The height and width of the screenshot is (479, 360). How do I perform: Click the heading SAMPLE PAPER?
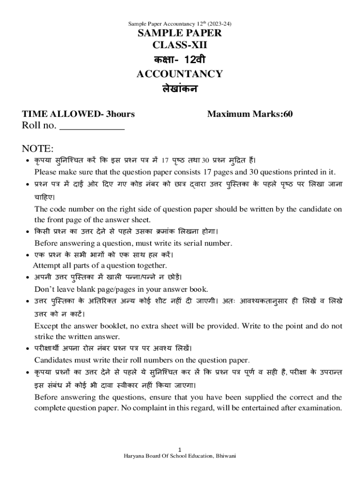[x=180, y=33]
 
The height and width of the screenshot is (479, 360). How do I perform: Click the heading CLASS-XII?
[x=180, y=45]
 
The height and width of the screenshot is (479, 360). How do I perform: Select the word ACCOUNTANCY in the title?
[x=180, y=74]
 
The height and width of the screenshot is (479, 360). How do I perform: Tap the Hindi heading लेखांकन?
[x=180, y=88]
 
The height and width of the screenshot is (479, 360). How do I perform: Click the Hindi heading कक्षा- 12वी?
[x=180, y=60]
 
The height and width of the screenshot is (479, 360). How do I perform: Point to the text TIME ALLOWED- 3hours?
[x=79, y=114]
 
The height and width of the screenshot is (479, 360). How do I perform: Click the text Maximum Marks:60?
[x=250, y=114]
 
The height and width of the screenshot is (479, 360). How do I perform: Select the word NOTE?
[x=38, y=149]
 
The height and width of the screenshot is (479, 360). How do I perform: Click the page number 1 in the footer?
[x=180, y=450]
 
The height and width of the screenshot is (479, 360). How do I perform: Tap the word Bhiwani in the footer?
[x=225, y=456]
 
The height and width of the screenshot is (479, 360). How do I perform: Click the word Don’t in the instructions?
[x=44, y=289]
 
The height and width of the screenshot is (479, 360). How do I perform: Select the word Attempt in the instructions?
[x=47, y=266]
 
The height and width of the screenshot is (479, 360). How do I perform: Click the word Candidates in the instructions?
[x=53, y=360]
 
